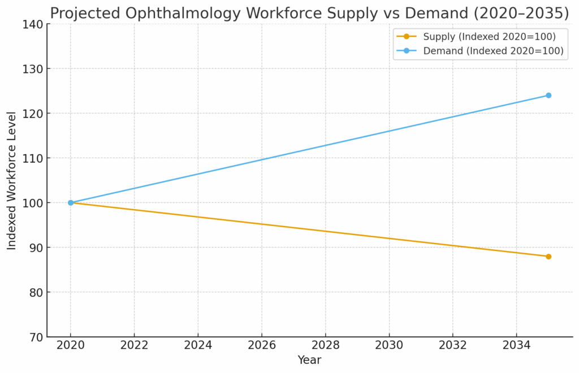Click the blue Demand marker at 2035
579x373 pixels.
[x=548, y=96]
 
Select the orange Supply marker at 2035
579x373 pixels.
[x=548, y=257]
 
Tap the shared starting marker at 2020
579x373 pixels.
[x=71, y=202]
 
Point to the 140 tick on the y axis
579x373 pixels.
[x=33, y=24]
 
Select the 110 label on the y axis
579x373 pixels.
[x=33, y=158]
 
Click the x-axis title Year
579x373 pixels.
[x=309, y=360]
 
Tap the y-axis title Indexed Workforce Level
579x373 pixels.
[x=12, y=180]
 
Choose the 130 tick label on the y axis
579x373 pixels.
[x=33, y=69]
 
